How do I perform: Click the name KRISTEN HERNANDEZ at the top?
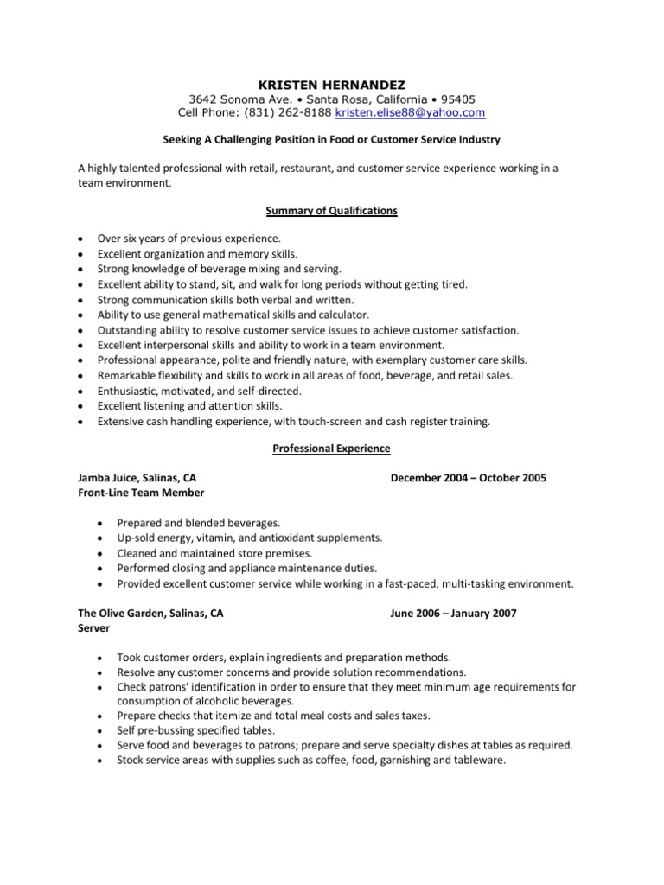pyautogui.click(x=332, y=85)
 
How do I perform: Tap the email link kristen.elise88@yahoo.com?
pyautogui.click(x=410, y=113)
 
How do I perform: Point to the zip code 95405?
pyautogui.click(x=457, y=99)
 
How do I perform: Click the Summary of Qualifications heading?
pyautogui.click(x=332, y=211)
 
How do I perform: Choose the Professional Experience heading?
pyautogui.click(x=332, y=449)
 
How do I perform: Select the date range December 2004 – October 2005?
pyautogui.click(x=468, y=478)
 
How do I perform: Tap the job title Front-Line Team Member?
pyautogui.click(x=141, y=493)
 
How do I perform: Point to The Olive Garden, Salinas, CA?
pyautogui.click(x=150, y=613)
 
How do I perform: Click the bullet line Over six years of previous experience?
pyautogui.click(x=188, y=238)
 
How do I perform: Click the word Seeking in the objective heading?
pyautogui.click(x=184, y=139)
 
